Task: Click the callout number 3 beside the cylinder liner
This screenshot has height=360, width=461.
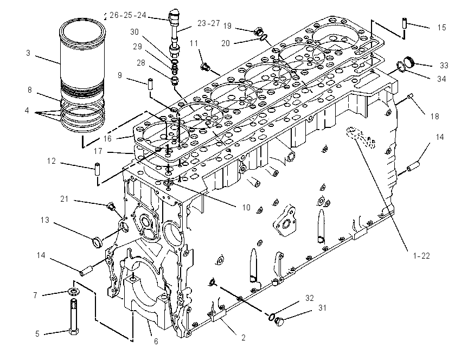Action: coord(28,53)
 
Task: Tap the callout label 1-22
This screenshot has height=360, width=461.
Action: coord(421,256)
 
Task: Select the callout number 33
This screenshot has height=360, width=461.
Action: coord(444,66)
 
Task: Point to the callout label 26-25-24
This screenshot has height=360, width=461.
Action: coord(128,15)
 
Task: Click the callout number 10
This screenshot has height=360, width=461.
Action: coord(246,208)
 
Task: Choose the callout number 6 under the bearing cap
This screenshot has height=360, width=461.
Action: coord(156,342)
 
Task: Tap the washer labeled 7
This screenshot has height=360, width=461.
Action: coord(73,292)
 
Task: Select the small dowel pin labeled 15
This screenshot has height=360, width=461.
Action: coord(405,23)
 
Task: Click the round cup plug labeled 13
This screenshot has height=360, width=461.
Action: coord(97,243)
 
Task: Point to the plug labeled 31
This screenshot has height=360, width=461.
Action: coord(280,322)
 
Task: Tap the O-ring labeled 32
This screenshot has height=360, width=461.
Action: coord(272,317)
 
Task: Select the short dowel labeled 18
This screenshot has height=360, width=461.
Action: coord(411,96)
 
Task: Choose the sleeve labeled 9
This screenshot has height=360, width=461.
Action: coord(150,81)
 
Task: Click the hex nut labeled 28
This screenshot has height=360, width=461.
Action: coord(174,80)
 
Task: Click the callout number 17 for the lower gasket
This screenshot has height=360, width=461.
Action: coord(98,151)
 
